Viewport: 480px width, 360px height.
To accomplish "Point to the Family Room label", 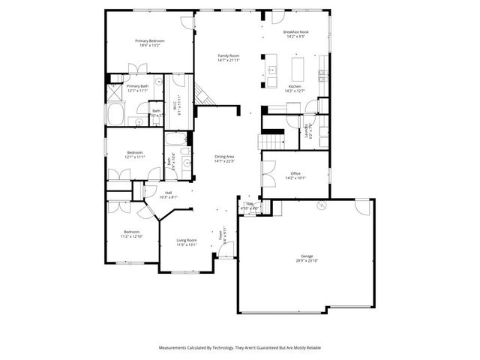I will coord(229,55).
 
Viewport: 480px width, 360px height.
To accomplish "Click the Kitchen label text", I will coord(295,87).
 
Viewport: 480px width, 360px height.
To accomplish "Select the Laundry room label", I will coord(308,130).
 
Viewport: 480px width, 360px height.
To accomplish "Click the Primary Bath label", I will coord(137,86).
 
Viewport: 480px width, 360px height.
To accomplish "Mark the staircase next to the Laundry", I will coord(271,141).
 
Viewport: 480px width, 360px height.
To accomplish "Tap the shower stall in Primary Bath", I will coord(115,92).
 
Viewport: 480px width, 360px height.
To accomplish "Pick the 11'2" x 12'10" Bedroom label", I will coord(131,232).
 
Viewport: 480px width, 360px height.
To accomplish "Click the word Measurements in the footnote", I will coord(175,348).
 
